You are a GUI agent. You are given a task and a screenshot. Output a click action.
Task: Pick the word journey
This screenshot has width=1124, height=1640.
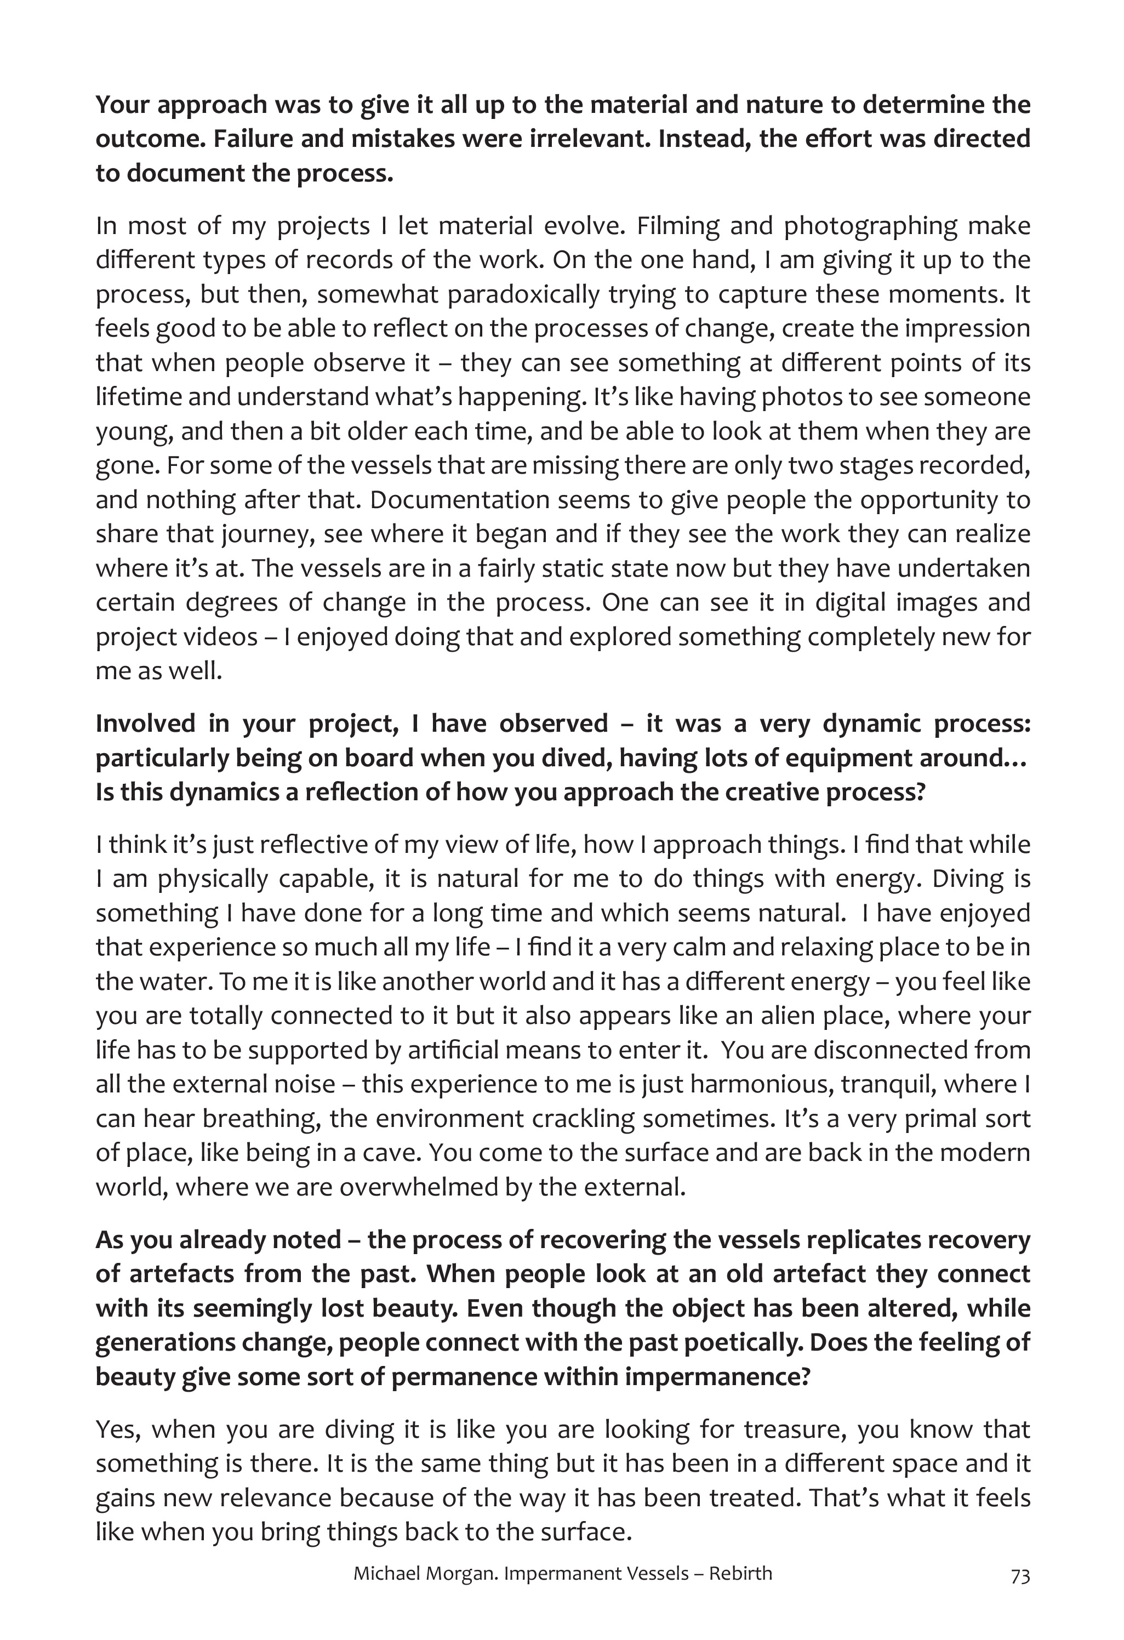[x=265, y=534]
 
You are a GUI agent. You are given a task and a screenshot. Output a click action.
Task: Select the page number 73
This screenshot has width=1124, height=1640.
[x=1020, y=1595]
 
